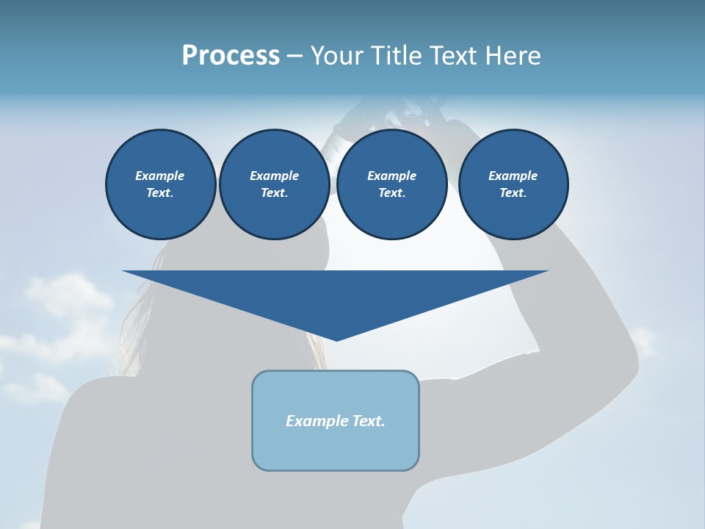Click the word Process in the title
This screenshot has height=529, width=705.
coord(231,56)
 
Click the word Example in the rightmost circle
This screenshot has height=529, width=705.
coord(513,176)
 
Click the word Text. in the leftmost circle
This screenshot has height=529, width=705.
coord(160,193)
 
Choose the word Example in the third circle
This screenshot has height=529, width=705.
coord(392,176)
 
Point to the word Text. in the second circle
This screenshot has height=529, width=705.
coord(275,193)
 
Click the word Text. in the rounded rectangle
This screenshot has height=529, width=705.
coord(369,421)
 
